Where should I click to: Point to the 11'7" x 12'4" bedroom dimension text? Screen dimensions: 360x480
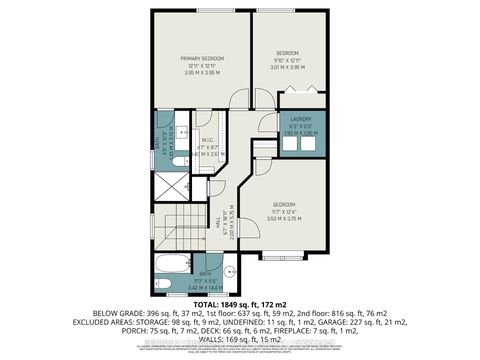point(288,212)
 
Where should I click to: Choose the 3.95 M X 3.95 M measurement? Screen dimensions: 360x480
point(202,73)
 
